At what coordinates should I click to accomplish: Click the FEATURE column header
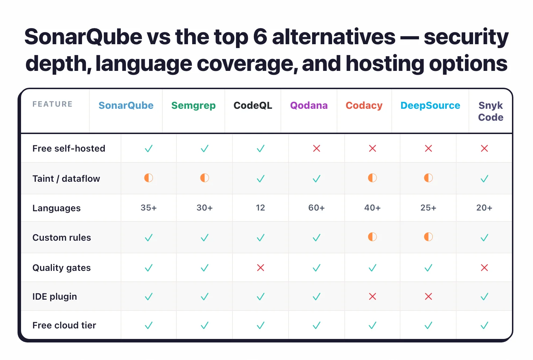click(52, 104)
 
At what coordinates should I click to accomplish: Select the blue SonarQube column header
click(126, 106)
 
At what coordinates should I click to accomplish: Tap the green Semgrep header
click(193, 106)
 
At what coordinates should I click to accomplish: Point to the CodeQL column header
click(253, 106)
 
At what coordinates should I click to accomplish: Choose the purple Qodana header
click(309, 106)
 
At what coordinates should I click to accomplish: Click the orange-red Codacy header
click(364, 106)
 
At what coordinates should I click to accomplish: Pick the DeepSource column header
click(430, 106)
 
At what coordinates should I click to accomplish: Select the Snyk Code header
click(491, 111)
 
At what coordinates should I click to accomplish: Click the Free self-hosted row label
click(69, 148)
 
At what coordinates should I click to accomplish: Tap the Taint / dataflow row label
click(66, 179)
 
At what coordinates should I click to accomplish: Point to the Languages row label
click(56, 208)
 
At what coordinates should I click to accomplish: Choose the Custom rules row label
click(62, 238)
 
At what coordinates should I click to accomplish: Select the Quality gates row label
click(61, 268)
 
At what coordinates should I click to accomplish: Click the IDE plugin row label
click(55, 296)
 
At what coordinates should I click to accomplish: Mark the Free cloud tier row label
click(64, 325)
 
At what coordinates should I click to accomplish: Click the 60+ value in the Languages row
click(316, 208)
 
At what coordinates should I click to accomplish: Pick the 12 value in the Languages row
click(260, 208)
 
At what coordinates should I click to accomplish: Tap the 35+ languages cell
click(149, 208)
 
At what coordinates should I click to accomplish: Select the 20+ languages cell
click(484, 208)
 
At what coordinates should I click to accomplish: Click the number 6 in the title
click(260, 37)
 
